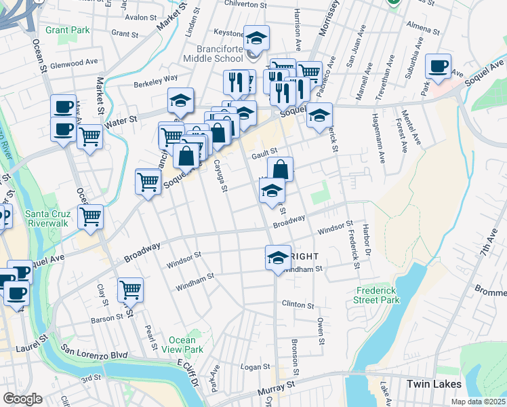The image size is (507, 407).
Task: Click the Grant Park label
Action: [x=67, y=31]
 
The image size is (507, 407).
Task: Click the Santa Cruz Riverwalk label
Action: [x=47, y=219]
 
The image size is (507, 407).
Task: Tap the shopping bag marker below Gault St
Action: [x=280, y=169]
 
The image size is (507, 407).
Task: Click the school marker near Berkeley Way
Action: [x=181, y=100]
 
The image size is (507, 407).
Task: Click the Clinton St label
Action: [x=298, y=305]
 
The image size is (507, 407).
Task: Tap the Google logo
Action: [x=22, y=399]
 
